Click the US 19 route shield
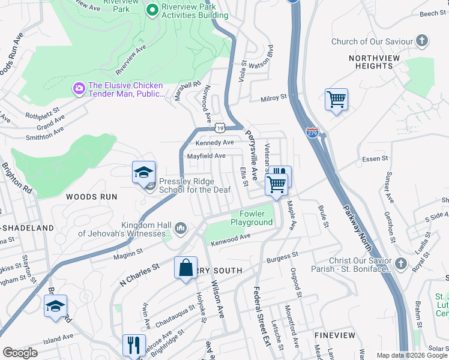220,128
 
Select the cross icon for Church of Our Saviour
423,41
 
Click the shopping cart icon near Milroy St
336,100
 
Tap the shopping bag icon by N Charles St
186,267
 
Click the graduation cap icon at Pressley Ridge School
144,173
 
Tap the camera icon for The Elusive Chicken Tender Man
79,89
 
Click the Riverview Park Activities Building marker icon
152,10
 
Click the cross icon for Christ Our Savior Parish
401,263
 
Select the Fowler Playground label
252,218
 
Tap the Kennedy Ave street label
215,143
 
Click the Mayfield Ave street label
206,156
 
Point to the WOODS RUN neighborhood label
92,196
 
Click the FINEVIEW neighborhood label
335,335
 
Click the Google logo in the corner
20,353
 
